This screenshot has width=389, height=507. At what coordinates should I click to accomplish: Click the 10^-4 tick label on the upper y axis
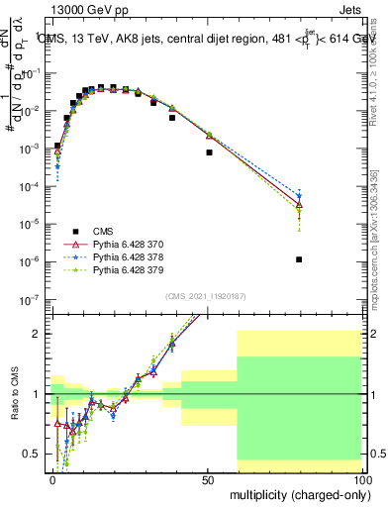pyautogui.click(x=30, y=186)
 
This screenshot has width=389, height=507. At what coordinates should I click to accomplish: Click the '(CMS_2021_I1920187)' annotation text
pyautogui.click(x=204, y=296)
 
